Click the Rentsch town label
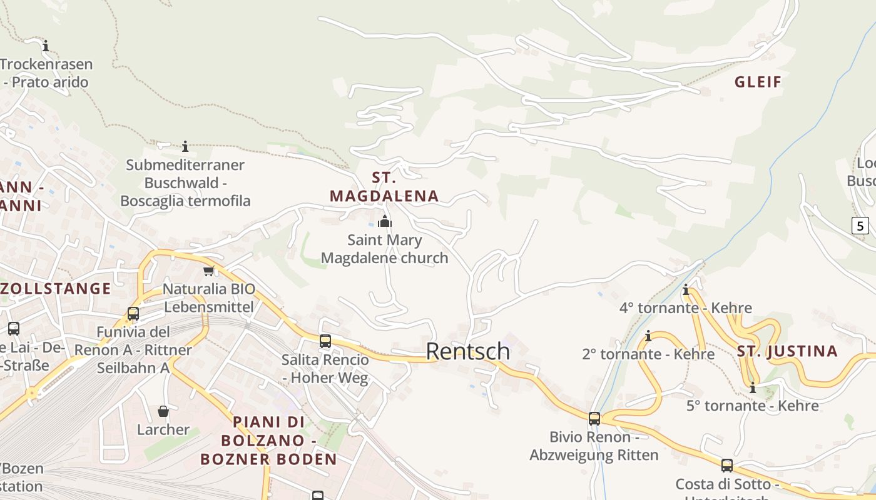(468, 351)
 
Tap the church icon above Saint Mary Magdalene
(385, 221)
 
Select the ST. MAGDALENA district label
(384, 187)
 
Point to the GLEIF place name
(758, 82)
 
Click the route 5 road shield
(860, 226)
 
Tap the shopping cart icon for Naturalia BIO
(208, 271)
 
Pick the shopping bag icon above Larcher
(163, 411)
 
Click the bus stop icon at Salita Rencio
(325, 341)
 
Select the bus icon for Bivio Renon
(594, 419)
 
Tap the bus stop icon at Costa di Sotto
(726, 466)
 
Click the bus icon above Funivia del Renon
(133, 314)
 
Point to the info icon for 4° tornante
(686, 289)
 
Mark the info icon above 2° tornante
(648, 336)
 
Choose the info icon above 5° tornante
(752, 387)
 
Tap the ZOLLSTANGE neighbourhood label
(55, 289)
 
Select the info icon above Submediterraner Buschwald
(185, 147)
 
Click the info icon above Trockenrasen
(45, 46)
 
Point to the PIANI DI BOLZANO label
(268, 441)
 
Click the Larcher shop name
(163, 429)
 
